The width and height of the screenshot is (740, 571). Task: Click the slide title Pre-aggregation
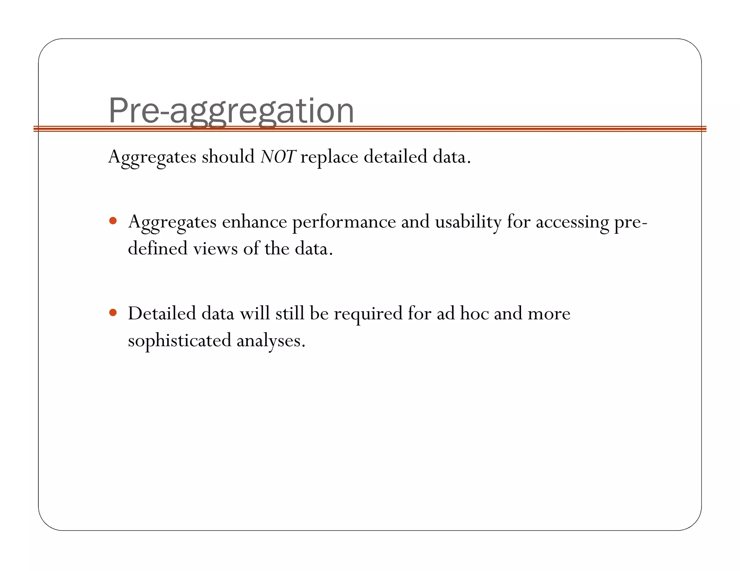[231, 110]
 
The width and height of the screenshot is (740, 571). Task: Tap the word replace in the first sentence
[329, 158]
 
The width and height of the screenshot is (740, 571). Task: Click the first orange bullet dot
[113, 221]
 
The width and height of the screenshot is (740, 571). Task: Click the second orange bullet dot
[113, 312]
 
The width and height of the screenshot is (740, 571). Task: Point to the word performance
[344, 222]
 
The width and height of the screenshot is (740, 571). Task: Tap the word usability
[468, 222]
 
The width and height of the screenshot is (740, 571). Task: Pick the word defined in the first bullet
[158, 249]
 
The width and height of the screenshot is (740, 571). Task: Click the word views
[215, 249]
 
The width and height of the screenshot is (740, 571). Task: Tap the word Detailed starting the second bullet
[162, 313]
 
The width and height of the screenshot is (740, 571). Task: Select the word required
[368, 314]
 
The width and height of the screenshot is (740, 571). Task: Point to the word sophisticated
[180, 341]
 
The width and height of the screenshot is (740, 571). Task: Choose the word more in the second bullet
[549, 314]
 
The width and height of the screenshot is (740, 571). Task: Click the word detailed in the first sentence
[395, 157]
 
